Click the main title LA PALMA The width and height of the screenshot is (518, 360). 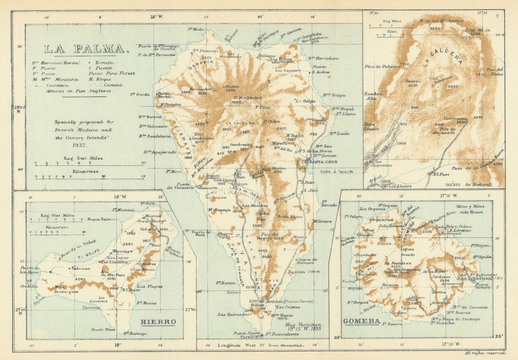(x=85, y=49)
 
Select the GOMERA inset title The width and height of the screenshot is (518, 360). (x=362, y=321)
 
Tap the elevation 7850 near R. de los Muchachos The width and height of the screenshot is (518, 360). (x=435, y=29)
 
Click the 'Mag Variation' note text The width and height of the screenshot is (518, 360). (x=303, y=325)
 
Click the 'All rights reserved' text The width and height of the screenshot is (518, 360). (x=485, y=352)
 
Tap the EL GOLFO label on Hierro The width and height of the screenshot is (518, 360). (x=88, y=253)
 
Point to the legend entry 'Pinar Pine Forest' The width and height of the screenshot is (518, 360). (x=112, y=73)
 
